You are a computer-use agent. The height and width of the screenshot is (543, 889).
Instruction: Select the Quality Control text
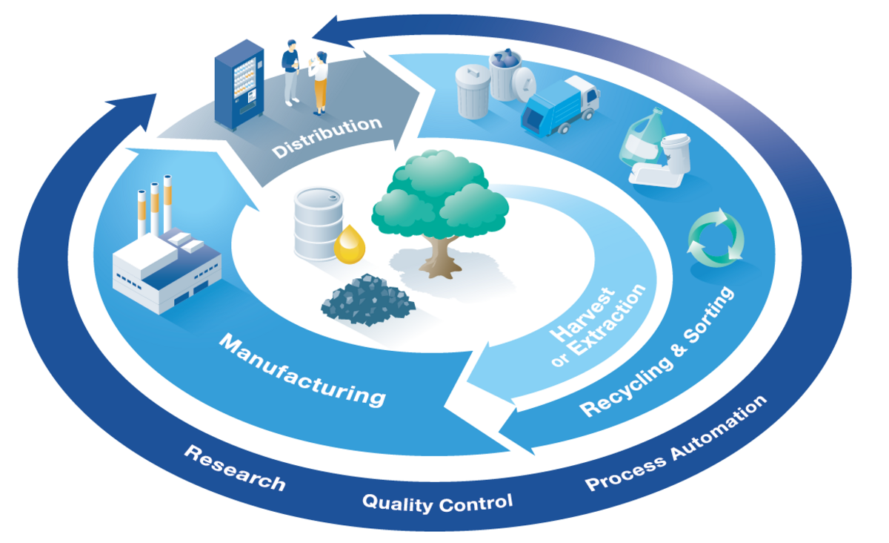click(437, 504)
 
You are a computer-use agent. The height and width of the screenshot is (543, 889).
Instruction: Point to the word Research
click(235, 468)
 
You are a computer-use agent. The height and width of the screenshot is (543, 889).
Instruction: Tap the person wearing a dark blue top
click(291, 71)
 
